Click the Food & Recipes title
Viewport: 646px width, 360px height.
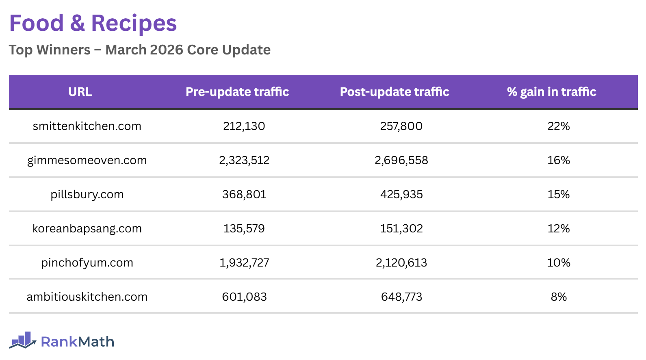93,23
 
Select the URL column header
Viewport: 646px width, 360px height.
80,92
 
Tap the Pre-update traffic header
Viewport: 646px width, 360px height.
237,92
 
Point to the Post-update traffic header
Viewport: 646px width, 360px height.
395,92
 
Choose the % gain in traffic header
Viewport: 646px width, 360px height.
551,92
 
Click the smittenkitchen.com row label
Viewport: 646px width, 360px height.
87,126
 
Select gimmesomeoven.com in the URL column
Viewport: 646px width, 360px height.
87,160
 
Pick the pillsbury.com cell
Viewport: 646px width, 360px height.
87,195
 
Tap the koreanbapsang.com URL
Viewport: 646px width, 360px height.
87,229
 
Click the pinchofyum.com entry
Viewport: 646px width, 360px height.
87,263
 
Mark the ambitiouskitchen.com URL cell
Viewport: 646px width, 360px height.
87,297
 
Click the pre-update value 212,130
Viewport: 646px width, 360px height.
244,126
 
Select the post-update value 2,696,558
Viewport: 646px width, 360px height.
401,160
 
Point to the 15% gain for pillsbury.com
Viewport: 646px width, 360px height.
559,195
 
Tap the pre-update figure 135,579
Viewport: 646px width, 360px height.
244,229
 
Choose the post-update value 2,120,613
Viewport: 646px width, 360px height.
401,263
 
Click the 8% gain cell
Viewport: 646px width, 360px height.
559,297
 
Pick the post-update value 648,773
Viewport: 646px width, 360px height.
401,297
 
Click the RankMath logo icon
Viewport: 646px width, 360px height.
23,340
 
